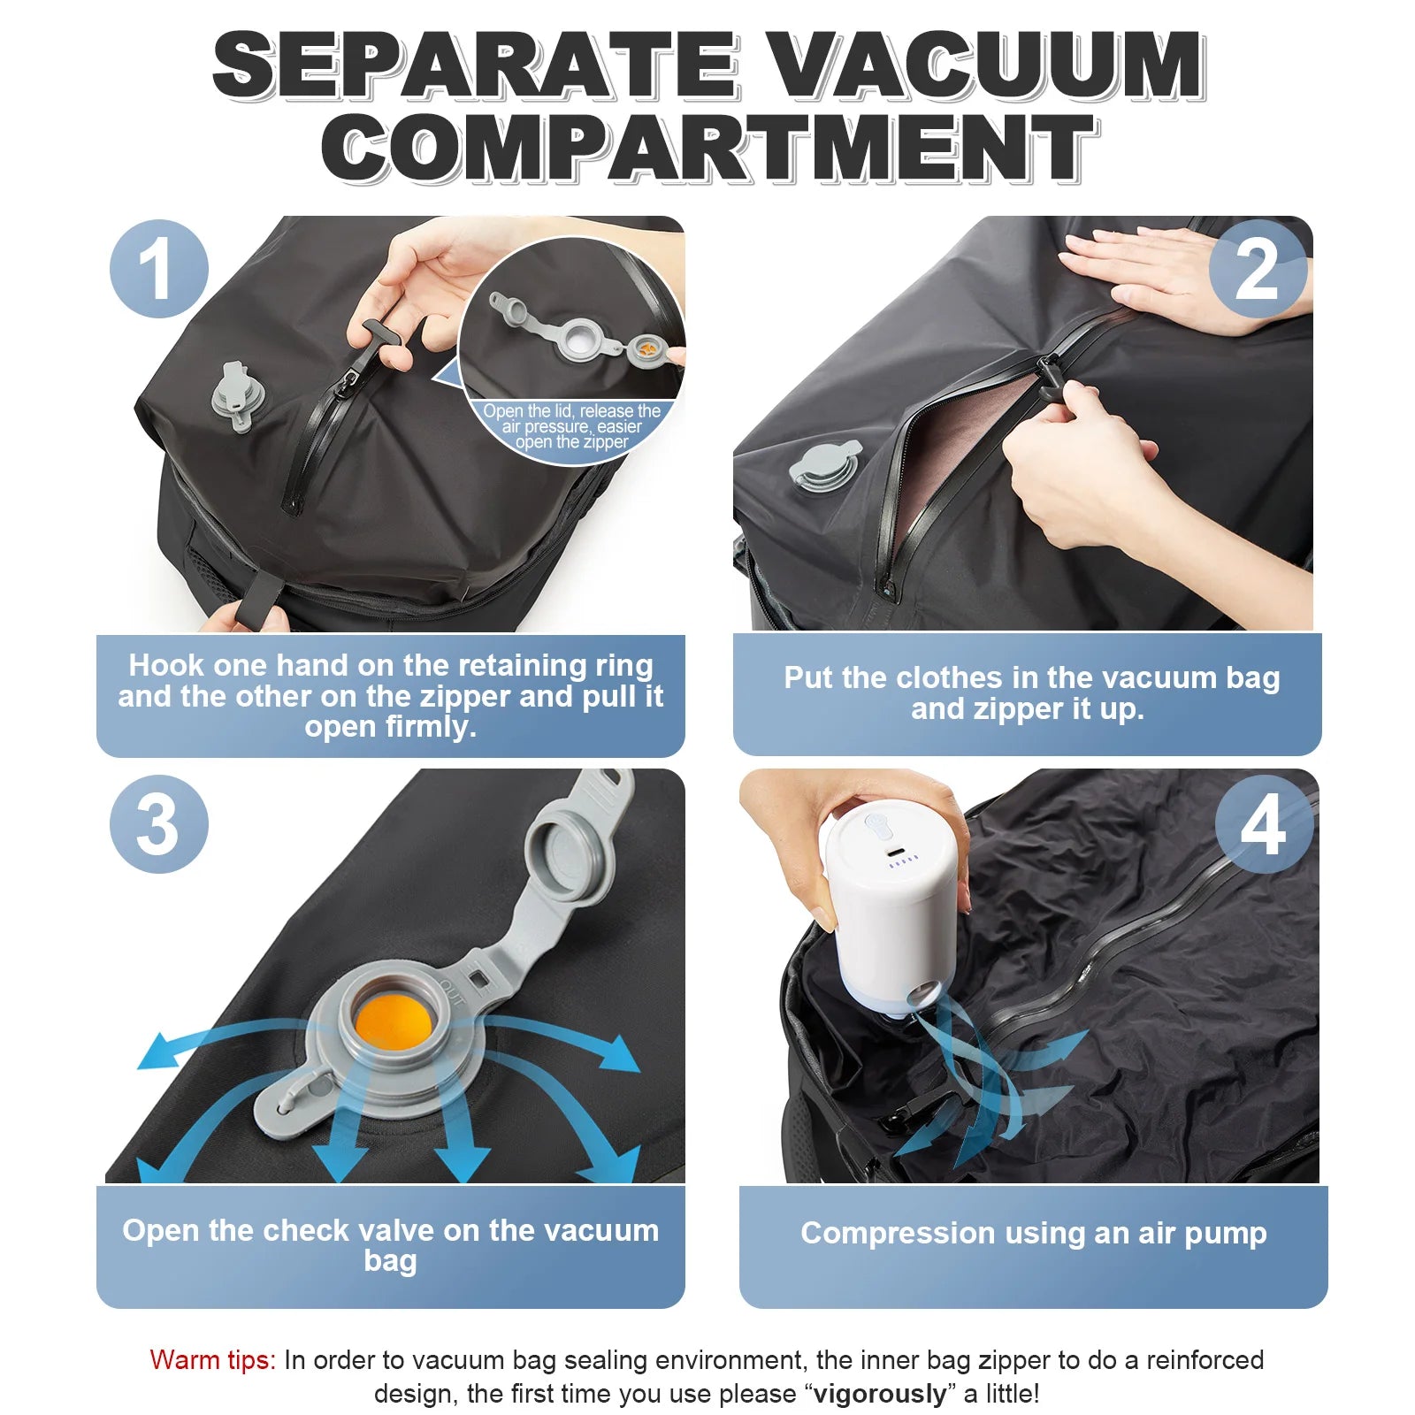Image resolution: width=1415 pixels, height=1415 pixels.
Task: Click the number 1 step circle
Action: tap(158, 269)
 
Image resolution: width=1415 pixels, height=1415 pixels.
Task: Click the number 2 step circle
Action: tap(1257, 269)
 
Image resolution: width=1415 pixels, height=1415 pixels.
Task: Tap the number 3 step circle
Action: tap(158, 824)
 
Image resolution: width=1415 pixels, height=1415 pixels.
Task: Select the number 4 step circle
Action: tap(1263, 824)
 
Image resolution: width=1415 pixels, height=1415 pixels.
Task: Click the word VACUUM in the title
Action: tap(982, 66)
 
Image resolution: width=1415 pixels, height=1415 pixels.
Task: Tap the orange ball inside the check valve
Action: tap(393, 1025)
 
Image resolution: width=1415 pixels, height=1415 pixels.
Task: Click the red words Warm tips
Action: tap(212, 1359)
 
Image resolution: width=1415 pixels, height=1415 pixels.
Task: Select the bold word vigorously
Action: tap(879, 1394)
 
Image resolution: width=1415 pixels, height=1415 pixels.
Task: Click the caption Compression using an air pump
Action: tap(1033, 1232)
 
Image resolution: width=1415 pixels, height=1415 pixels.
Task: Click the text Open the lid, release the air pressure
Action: tap(571, 419)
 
